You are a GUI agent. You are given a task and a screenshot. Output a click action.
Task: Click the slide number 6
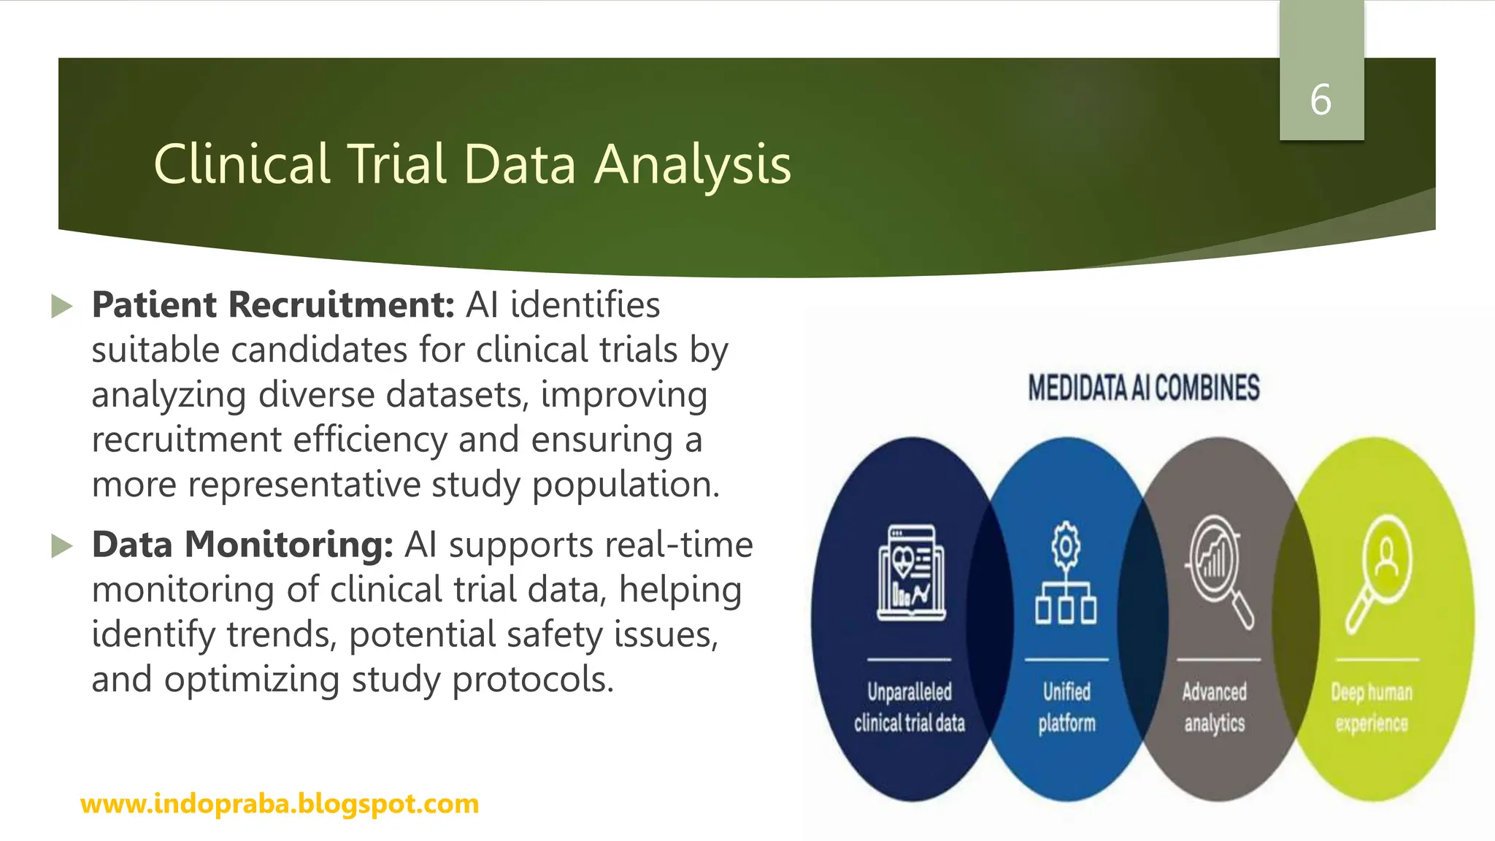click(x=1321, y=100)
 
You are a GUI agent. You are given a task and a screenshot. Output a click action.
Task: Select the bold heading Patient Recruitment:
click(x=273, y=304)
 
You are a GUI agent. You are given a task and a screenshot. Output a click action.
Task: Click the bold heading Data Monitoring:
click(x=242, y=545)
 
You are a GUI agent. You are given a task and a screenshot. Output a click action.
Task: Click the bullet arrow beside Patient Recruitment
click(x=63, y=306)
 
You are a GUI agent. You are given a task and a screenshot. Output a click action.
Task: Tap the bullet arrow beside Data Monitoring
click(x=63, y=545)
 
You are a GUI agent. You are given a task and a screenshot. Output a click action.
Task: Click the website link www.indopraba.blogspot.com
click(x=280, y=804)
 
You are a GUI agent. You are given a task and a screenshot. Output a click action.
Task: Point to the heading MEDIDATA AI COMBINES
click(x=1143, y=388)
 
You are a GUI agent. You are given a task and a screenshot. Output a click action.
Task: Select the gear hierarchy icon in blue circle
click(x=1066, y=573)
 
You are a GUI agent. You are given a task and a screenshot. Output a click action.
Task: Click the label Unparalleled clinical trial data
click(x=910, y=707)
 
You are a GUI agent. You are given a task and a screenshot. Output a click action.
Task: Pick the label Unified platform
click(x=1067, y=707)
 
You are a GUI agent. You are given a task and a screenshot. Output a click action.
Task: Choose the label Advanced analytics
click(x=1215, y=707)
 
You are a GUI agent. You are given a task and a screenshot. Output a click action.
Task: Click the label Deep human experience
click(x=1372, y=707)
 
